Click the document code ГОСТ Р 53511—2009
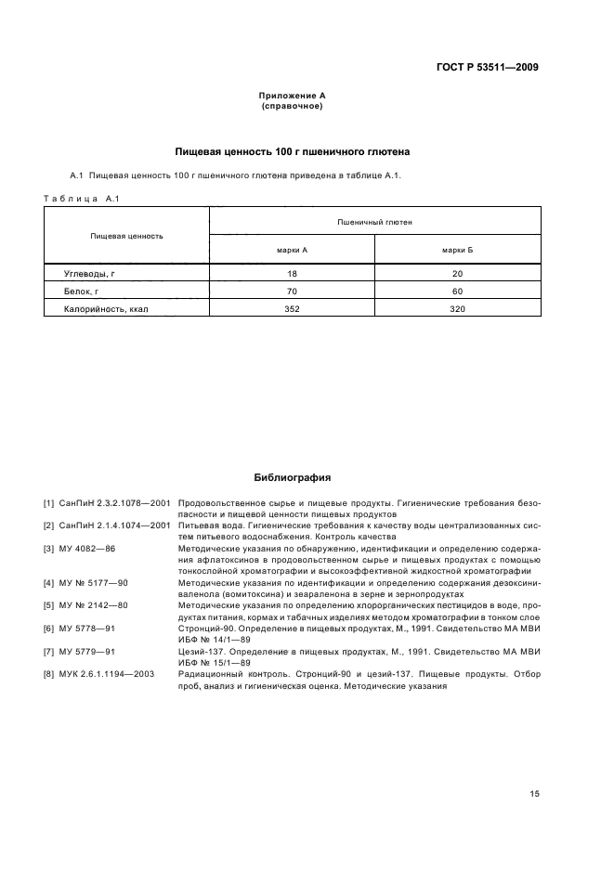pyautogui.click(x=487, y=67)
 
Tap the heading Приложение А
pyautogui.click(x=291, y=96)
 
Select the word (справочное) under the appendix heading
pyautogui.click(x=291, y=106)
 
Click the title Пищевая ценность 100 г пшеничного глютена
pyautogui.click(x=293, y=151)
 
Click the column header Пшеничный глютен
pyautogui.click(x=374, y=222)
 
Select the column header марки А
pyautogui.click(x=292, y=250)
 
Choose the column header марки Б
pyautogui.click(x=457, y=250)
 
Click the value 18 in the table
pyautogui.click(x=292, y=274)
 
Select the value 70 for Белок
pyautogui.click(x=292, y=292)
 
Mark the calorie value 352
pyautogui.click(x=292, y=309)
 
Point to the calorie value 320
pyautogui.click(x=457, y=309)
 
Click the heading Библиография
pyautogui.click(x=293, y=478)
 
